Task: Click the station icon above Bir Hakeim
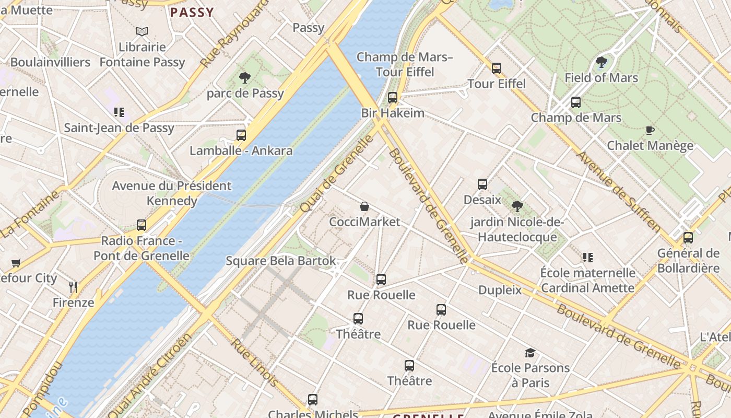click(x=393, y=98)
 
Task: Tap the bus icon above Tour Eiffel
click(x=496, y=68)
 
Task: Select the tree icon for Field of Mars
click(x=601, y=62)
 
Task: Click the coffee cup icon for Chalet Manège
click(x=650, y=130)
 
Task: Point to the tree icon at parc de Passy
click(x=244, y=78)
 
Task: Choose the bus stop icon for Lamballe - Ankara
click(x=241, y=135)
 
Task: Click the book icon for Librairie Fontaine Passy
click(x=142, y=32)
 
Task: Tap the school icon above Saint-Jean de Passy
click(x=119, y=112)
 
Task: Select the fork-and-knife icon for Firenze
click(x=73, y=287)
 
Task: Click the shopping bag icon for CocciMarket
click(x=364, y=207)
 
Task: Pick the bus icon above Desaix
click(x=482, y=184)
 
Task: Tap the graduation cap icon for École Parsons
click(x=530, y=353)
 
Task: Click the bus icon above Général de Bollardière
click(x=688, y=238)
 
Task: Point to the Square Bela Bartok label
click(x=280, y=261)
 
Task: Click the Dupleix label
click(x=500, y=289)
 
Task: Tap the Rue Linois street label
click(x=254, y=363)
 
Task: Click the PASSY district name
click(x=192, y=13)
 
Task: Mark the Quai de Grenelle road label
click(x=337, y=173)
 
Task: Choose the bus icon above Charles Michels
click(x=312, y=400)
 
